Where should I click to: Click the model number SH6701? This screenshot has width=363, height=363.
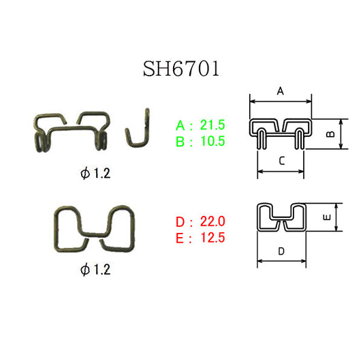click(181, 69)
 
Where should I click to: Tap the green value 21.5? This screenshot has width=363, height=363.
click(212, 125)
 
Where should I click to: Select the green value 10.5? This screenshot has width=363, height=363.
click(212, 141)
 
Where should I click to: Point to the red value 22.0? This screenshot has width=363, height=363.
click(212, 221)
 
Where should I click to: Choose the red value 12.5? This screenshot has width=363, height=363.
click(212, 238)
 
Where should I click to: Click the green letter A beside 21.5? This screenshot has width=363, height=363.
click(180, 125)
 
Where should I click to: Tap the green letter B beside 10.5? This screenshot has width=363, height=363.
click(180, 142)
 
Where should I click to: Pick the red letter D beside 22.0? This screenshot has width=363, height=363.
click(180, 222)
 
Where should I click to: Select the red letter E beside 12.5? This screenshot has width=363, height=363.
click(180, 238)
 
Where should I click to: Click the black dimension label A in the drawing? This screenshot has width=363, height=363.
click(281, 91)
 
